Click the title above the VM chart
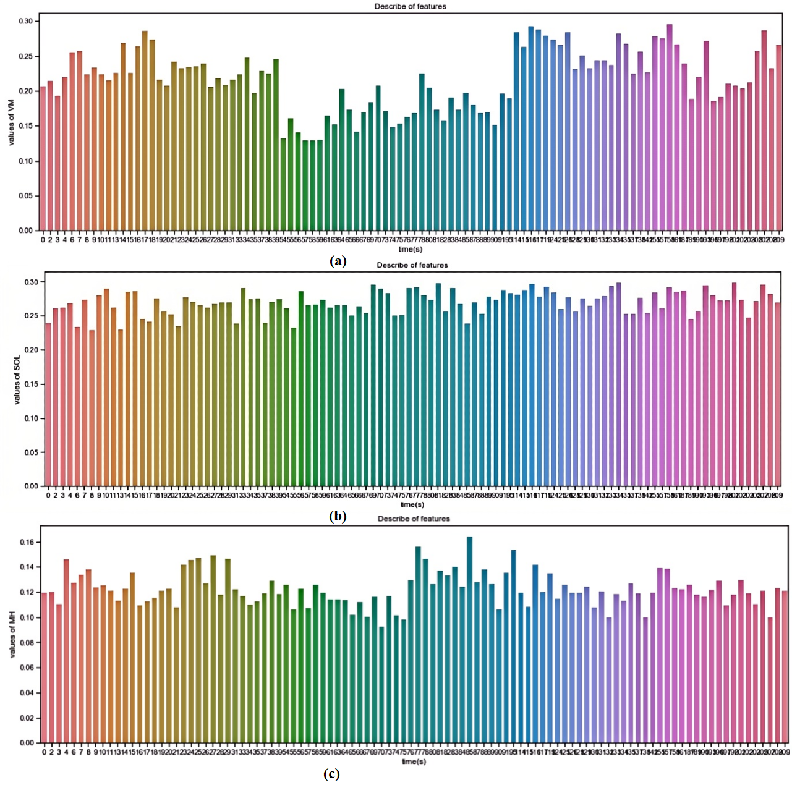(x=410, y=6)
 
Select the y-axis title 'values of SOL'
(x=17, y=380)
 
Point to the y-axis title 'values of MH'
(x=12, y=634)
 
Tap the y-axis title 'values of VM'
(x=11, y=122)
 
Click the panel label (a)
(x=338, y=261)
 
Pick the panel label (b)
(x=338, y=516)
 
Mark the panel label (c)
(x=331, y=774)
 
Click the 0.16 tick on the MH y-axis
(x=27, y=542)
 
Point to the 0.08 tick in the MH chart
(x=27, y=643)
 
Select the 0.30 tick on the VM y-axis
(x=25, y=21)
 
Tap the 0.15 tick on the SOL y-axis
(x=30, y=384)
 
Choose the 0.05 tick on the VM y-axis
(x=25, y=196)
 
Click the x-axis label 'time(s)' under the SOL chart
(x=412, y=504)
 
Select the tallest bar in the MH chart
(x=469, y=640)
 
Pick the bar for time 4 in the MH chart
(x=66, y=651)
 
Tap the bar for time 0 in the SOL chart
(x=48, y=404)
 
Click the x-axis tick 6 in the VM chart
(x=72, y=240)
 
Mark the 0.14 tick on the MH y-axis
(x=27, y=567)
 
